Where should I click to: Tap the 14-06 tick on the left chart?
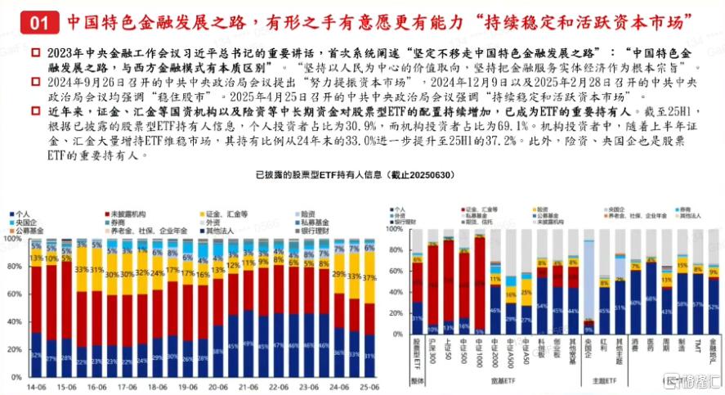(x=35, y=384)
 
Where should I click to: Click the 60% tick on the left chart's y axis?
(x=15, y=294)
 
